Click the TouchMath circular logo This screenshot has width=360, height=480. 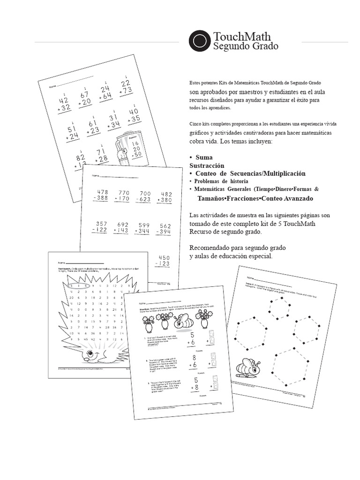tap(200, 40)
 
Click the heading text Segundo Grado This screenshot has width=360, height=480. tap(245, 46)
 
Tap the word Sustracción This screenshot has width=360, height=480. tap(207, 165)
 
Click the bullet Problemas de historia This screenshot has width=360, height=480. tap(221, 181)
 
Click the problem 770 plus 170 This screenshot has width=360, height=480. tap(124, 195)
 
